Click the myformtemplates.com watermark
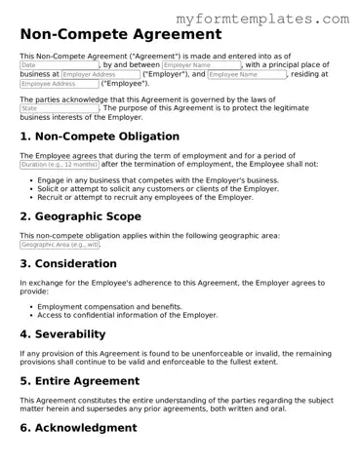click(x=277, y=19)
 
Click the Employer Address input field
click(x=100, y=74)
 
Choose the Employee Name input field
click(x=246, y=74)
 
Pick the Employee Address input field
click(x=60, y=84)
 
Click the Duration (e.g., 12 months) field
click(x=60, y=165)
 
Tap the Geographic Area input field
click(x=60, y=245)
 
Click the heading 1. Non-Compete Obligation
click(x=100, y=136)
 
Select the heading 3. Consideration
click(x=75, y=263)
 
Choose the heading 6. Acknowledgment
click(x=78, y=427)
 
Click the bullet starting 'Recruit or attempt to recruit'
click(x=145, y=197)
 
